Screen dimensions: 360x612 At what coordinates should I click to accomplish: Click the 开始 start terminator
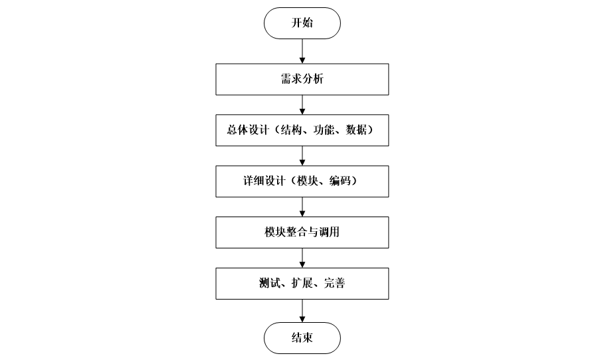302,23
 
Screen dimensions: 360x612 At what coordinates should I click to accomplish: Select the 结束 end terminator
302,337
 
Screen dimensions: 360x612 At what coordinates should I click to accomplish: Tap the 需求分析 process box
302,80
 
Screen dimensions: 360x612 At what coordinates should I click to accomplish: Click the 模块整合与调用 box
302,233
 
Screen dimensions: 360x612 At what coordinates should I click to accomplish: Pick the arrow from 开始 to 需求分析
302,50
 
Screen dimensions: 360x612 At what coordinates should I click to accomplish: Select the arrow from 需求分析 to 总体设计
302,105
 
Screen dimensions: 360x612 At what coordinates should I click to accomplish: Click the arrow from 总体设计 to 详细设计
302,156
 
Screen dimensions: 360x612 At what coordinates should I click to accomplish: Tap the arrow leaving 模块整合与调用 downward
302,258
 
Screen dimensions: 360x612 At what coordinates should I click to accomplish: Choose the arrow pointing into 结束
302,310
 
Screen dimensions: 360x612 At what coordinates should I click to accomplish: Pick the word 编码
339,182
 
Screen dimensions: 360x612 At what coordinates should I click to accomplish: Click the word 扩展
302,285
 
